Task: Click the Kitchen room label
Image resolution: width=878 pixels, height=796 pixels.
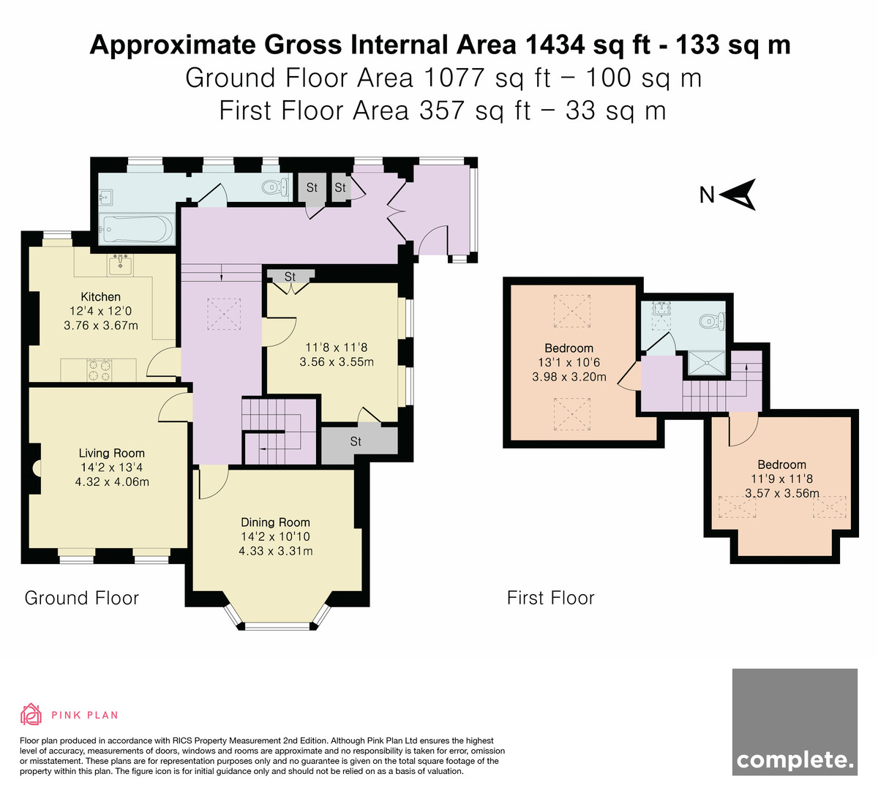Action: pyautogui.click(x=101, y=297)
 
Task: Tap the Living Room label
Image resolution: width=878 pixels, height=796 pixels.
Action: pyautogui.click(x=112, y=453)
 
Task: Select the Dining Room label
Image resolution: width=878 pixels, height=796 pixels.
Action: pyautogui.click(x=275, y=522)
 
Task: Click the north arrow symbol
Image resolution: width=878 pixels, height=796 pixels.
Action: pyautogui.click(x=738, y=195)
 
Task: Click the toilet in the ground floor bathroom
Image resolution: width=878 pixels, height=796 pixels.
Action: pyautogui.click(x=277, y=187)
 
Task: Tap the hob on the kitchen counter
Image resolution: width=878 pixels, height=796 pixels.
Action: pyautogui.click(x=100, y=370)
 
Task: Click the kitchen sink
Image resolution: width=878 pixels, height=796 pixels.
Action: pyautogui.click(x=120, y=264)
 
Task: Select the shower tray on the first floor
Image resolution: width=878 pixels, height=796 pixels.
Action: pyautogui.click(x=706, y=363)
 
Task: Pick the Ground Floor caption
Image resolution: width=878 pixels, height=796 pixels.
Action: pyautogui.click(x=82, y=598)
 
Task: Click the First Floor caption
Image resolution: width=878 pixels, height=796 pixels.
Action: pyautogui.click(x=551, y=598)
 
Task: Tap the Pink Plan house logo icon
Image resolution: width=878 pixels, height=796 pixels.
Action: pyautogui.click(x=31, y=715)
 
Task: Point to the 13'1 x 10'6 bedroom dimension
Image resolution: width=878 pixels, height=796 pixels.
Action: pyautogui.click(x=569, y=363)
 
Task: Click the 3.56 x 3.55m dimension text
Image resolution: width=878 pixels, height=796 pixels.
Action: pyautogui.click(x=337, y=362)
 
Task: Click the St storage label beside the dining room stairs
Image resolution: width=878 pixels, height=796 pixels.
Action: pyautogui.click(x=356, y=441)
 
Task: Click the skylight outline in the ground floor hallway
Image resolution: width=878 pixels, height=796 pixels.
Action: pyautogui.click(x=224, y=315)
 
